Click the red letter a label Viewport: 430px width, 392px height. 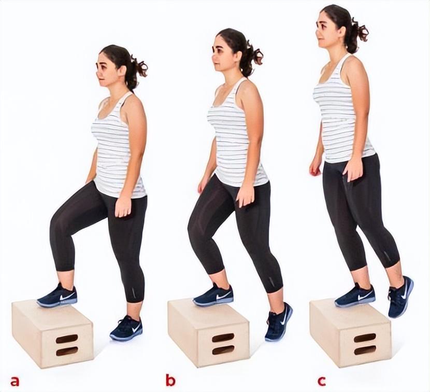tap(15, 381)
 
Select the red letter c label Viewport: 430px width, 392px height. tap(322, 381)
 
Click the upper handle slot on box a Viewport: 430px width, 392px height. tap(67, 339)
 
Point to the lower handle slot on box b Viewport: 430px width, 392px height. tap(223, 349)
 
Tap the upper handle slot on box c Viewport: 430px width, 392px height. tap(365, 338)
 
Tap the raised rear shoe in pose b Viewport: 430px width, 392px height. tap(279, 321)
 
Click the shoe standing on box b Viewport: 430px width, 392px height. tap(213, 295)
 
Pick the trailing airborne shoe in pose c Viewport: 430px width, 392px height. tap(400, 297)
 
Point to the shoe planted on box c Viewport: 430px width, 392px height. tap(355, 295)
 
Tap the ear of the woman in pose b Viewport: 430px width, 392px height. tap(238, 57)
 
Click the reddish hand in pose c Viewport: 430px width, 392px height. tap(314, 170)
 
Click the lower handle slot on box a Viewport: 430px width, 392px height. tap(67, 351)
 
